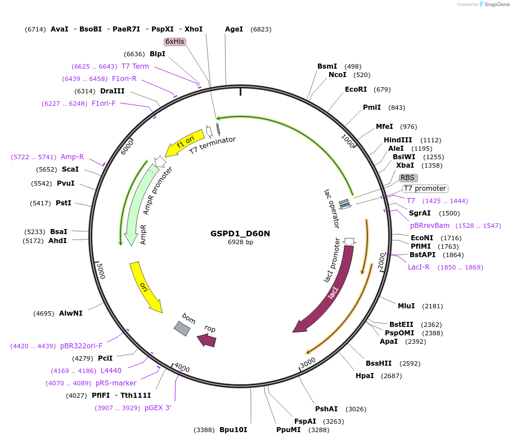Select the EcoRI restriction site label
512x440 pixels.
(356, 89)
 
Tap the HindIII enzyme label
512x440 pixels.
(398, 140)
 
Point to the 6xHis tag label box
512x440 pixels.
(175, 42)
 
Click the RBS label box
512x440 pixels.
(407, 178)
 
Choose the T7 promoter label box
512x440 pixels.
(425, 188)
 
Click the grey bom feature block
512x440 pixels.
(182, 329)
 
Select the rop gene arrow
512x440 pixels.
(206, 339)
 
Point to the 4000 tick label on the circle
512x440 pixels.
(182, 368)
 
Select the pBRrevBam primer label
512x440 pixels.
(430, 225)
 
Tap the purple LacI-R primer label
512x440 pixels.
(419, 267)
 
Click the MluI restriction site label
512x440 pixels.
(406, 306)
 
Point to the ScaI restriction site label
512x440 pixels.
(70, 169)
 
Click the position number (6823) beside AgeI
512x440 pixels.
(261, 29)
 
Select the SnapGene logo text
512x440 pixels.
(495, 5)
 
